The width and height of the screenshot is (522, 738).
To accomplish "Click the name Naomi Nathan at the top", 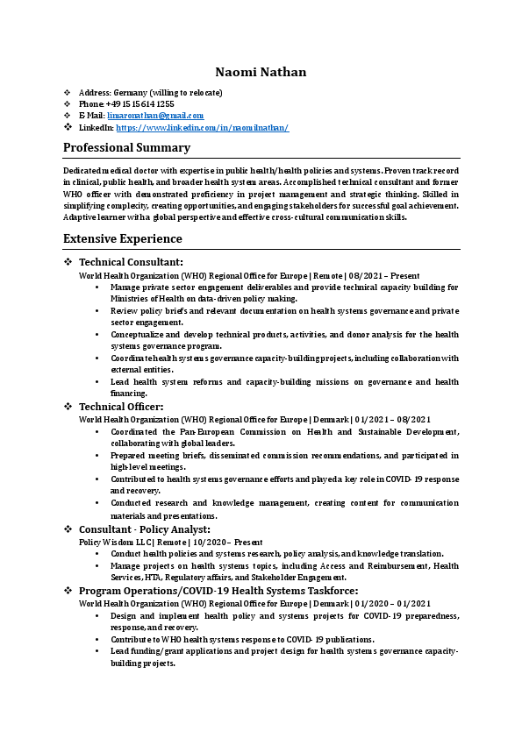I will point(261,71).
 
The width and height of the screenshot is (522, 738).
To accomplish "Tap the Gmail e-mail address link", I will point(155,116).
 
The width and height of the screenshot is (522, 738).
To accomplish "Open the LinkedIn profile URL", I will point(202,128).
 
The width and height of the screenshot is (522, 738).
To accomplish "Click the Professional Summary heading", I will point(126,147).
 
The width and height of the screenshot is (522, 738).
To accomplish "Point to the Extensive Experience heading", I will point(123,238).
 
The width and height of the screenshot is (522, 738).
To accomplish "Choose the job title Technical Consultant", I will point(131,262).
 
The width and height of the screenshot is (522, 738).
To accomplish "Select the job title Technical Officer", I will point(121,407).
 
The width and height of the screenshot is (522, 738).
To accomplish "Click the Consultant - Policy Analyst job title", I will point(145,529).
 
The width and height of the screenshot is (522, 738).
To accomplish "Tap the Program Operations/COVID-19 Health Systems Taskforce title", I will point(218,592).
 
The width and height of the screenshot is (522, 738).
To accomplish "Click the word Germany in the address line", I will point(130,93).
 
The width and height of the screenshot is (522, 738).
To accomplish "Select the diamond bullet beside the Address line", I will point(68,93).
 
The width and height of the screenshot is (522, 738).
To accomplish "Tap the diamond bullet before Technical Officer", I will point(68,407).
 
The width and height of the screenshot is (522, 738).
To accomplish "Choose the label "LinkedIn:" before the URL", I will point(97,128).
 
